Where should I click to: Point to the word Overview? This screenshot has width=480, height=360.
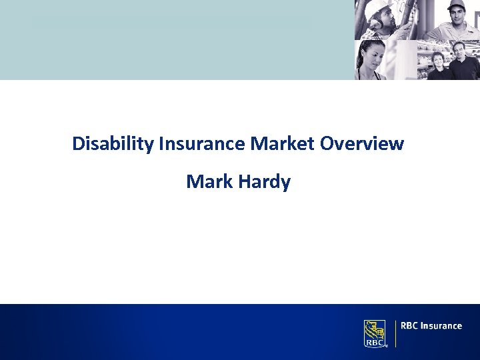pyautogui.click(x=361, y=143)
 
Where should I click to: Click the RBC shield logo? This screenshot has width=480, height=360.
pyautogui.click(x=375, y=333)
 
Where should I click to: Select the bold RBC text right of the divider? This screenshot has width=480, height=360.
pyautogui.click(x=410, y=326)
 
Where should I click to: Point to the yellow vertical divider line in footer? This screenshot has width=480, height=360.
pyautogui.click(x=395, y=333)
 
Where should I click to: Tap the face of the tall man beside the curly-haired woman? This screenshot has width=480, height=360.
pyautogui.click(x=459, y=51)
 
